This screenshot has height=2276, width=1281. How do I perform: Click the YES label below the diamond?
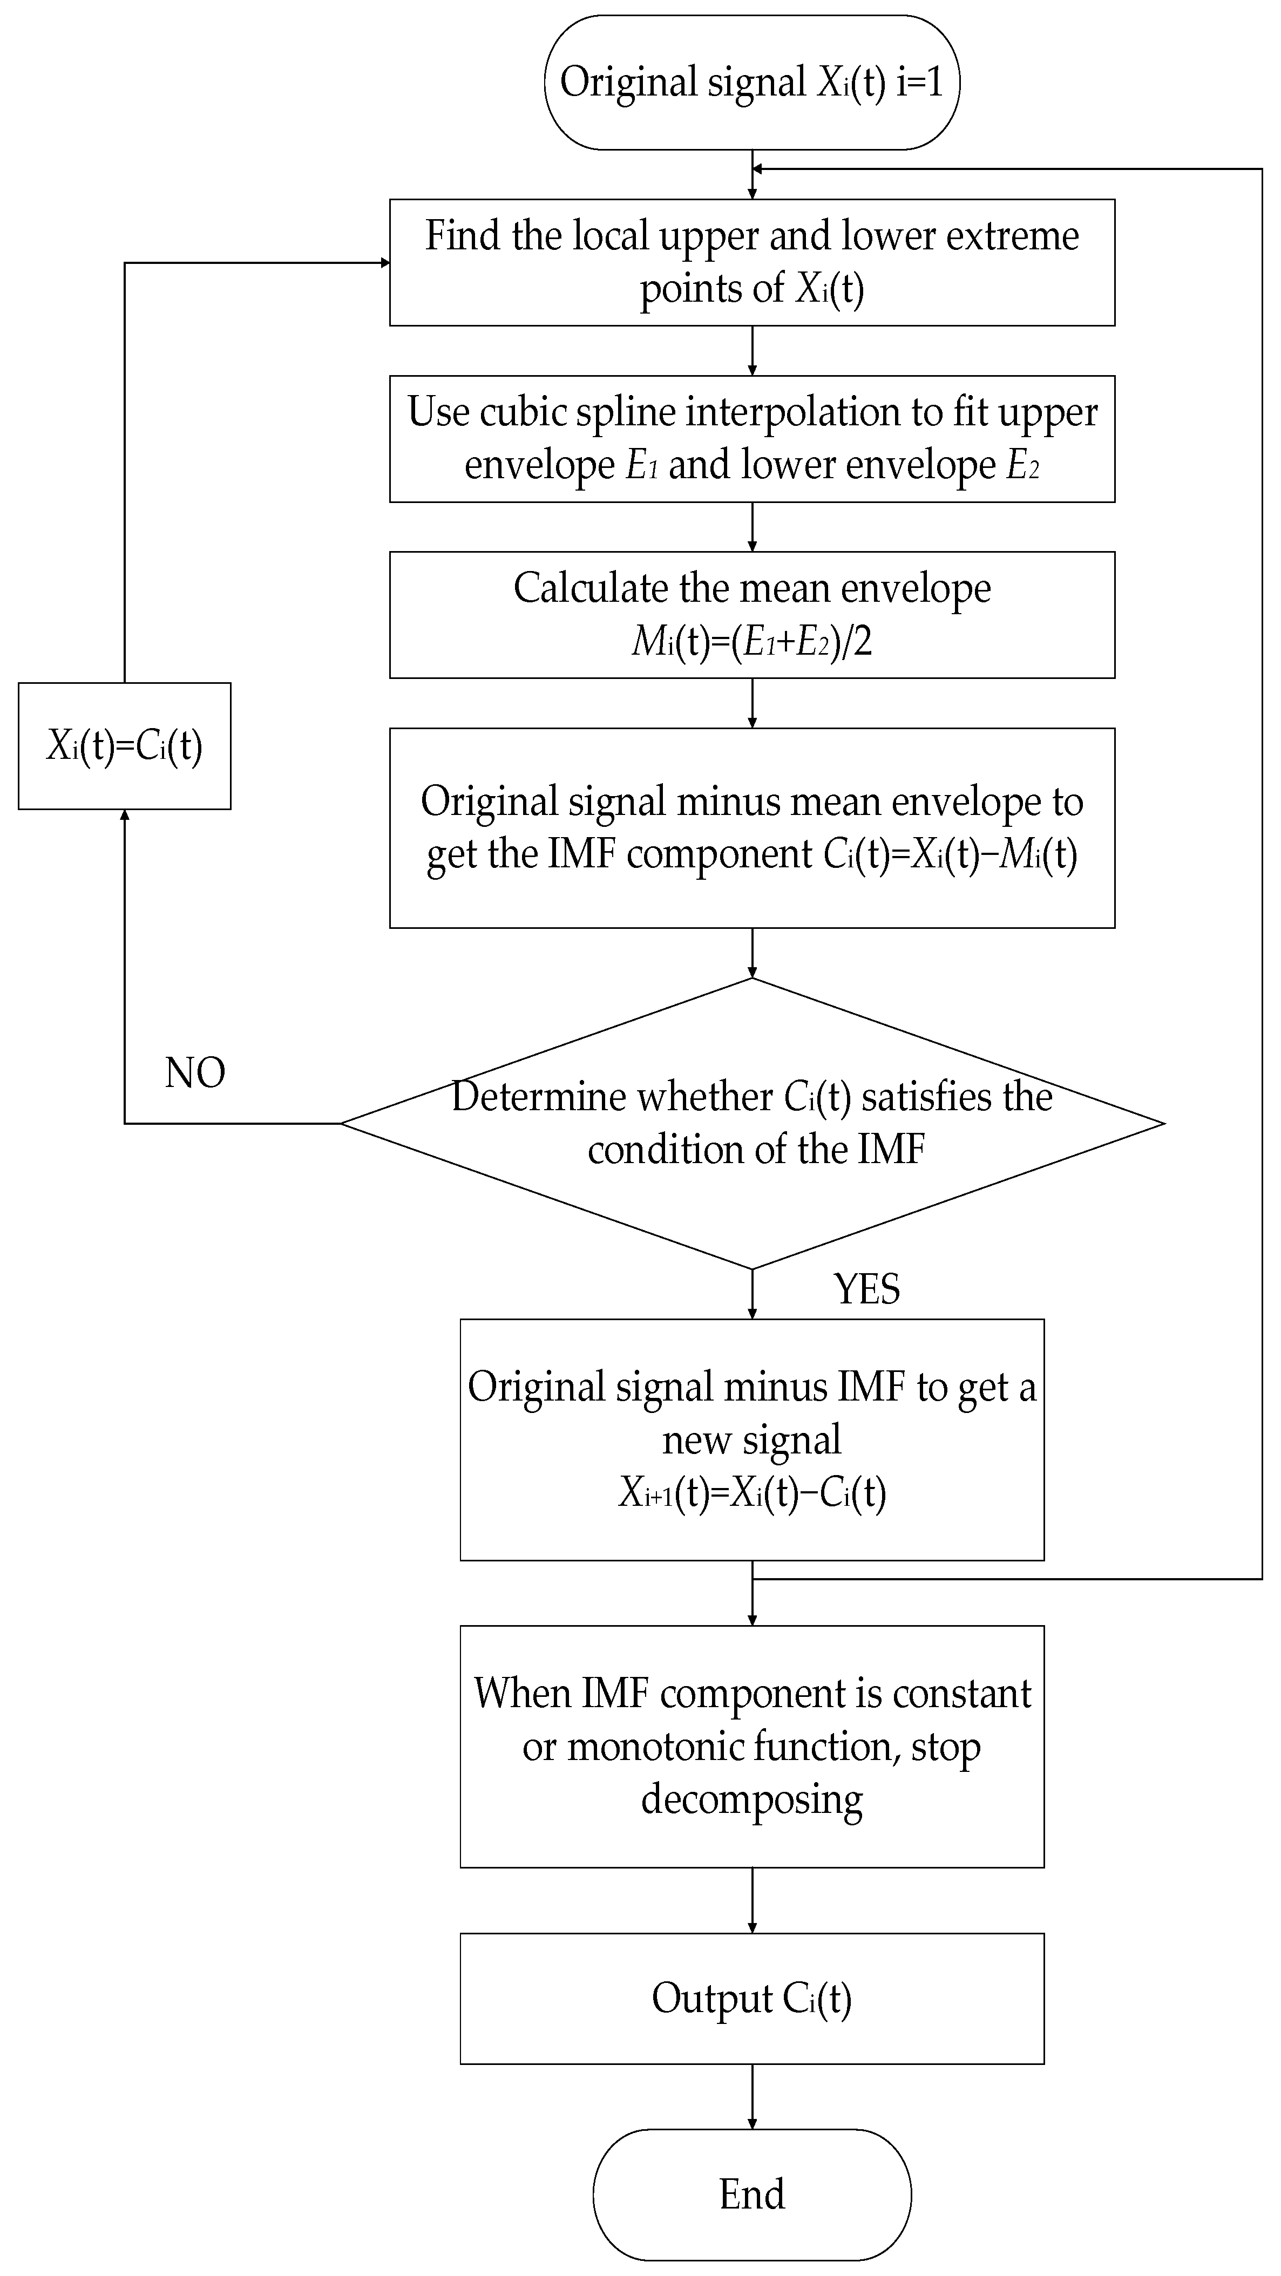[866, 1289]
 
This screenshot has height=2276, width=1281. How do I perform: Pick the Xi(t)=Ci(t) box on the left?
[125, 746]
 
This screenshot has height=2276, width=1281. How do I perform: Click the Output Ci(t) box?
[752, 1999]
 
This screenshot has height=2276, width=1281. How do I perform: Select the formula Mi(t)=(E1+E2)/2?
[752, 641]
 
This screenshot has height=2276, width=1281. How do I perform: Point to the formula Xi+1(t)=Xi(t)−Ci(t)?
[752, 1492]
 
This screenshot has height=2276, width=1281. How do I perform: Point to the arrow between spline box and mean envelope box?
[752, 527]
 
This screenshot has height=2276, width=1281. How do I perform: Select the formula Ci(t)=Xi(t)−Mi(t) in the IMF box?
[950, 854]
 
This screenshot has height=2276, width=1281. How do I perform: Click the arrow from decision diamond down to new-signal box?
[752, 1294]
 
